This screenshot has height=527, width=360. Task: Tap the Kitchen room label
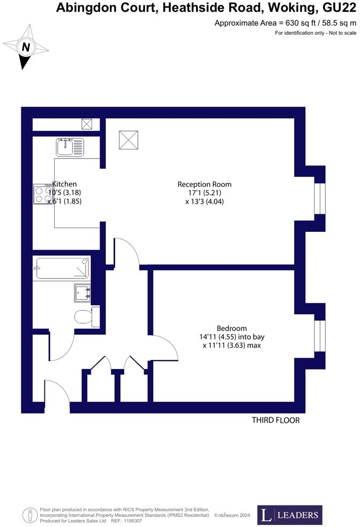tap(64, 184)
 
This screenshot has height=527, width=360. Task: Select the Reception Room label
tap(205, 184)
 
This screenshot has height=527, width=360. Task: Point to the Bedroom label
tap(231, 328)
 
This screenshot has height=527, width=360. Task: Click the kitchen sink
tap(70, 146)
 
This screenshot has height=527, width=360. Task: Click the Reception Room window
tap(319, 198)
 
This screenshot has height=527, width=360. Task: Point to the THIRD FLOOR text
tap(276, 420)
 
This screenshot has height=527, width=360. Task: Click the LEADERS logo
tap(290, 515)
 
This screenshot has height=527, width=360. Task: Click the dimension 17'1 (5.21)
tap(204, 193)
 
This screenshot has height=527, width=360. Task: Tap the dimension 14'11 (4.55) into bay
tap(231, 337)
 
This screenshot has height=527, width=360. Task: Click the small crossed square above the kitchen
tap(87, 124)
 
